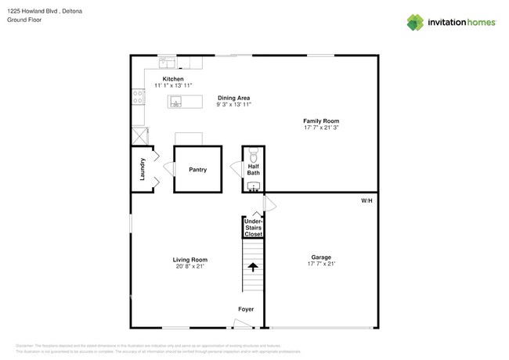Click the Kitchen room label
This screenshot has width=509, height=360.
[x=173, y=79]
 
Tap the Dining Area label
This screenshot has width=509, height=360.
[x=233, y=98]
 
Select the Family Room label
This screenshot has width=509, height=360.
[x=321, y=121]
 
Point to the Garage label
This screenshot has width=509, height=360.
[x=321, y=257]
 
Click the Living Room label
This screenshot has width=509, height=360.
[x=190, y=260]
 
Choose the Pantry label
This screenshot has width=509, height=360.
[x=197, y=169]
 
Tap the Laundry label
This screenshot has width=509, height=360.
[x=143, y=169]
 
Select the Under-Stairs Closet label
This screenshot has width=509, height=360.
[x=253, y=227]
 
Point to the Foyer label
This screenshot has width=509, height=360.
[x=246, y=309]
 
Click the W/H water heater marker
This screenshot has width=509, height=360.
[x=366, y=201]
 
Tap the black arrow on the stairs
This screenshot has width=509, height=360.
[x=253, y=266]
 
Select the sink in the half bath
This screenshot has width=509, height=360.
[x=253, y=186]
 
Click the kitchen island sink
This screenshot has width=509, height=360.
[x=176, y=101]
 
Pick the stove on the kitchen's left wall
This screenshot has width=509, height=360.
[x=138, y=96]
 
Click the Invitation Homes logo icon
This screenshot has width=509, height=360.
[x=415, y=22]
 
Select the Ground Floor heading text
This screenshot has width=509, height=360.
[x=25, y=20]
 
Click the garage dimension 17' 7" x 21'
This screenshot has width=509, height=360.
[x=321, y=264]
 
